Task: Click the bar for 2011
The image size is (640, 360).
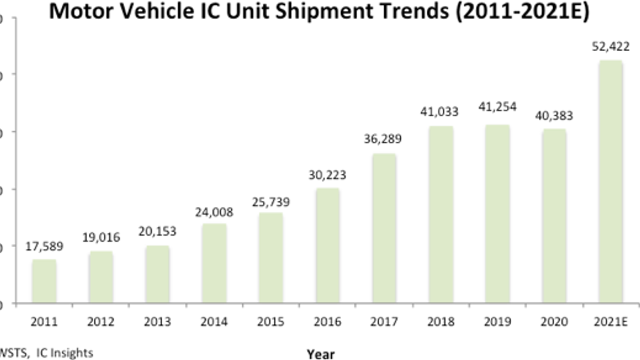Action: pos(44,281)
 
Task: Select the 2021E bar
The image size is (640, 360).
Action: pos(610,182)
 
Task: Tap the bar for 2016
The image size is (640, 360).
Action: pos(328,246)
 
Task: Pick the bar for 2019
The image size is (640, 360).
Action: pos(498,214)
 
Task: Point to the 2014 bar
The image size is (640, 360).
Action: pos(214,263)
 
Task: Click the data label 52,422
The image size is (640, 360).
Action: pos(610,46)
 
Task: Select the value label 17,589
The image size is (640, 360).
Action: pos(44,246)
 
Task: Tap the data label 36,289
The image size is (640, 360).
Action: pos(383,139)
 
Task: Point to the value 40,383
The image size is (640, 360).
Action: pos(554,116)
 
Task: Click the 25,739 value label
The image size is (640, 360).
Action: pos(271,202)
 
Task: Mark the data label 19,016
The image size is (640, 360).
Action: pos(101,237)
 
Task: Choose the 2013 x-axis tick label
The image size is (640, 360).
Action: pos(158,322)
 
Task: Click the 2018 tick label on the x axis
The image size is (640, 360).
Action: pos(441,322)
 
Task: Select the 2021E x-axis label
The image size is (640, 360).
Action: pos(610,322)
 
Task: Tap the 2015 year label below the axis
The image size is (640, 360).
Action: pos(271,322)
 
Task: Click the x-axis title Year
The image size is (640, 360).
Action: pos(321,354)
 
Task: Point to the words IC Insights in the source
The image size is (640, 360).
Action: pos(64,353)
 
